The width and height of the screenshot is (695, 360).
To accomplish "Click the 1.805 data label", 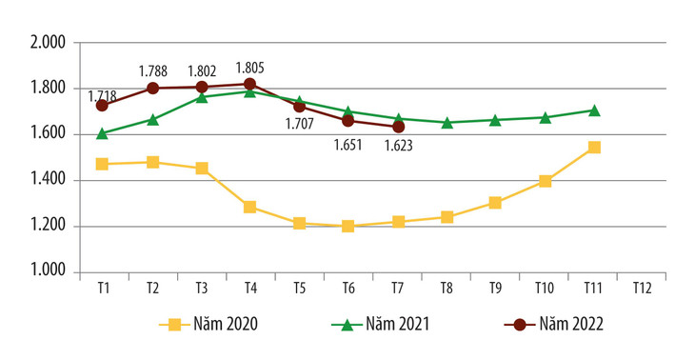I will click(250, 68).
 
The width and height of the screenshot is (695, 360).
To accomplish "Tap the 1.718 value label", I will click(104, 96).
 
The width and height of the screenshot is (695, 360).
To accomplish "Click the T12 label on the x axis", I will click(642, 290).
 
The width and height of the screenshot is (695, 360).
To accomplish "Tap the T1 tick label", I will click(103, 290).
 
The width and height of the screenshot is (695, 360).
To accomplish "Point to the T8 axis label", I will click(447, 290).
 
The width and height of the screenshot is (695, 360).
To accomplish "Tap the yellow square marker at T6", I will click(347, 227).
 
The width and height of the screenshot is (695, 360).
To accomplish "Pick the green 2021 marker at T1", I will click(103, 133).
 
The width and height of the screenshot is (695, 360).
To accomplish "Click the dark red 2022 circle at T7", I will click(399, 127).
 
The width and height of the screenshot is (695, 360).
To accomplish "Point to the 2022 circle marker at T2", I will click(152, 89).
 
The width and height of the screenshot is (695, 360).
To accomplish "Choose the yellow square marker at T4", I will click(250, 207).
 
